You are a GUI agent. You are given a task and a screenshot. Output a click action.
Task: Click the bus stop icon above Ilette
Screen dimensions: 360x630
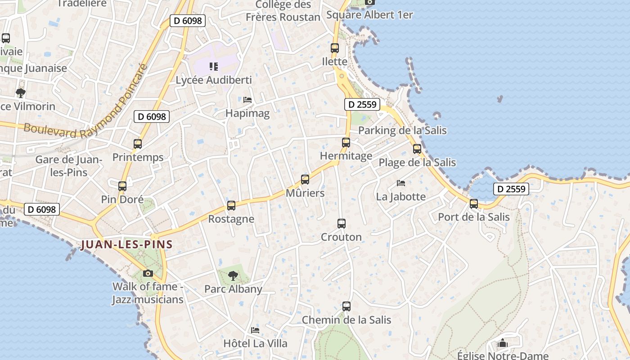coord(335,48)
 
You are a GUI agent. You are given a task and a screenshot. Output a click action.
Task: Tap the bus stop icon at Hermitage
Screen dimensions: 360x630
coord(346,143)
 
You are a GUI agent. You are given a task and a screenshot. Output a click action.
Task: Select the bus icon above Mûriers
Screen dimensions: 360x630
coord(305,180)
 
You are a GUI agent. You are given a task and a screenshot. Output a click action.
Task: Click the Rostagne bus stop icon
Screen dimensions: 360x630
coord(231,206)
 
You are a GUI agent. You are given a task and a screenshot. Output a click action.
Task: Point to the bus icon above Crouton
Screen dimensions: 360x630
coord(342,224)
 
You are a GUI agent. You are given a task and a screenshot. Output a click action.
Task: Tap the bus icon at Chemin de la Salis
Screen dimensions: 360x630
coord(346,306)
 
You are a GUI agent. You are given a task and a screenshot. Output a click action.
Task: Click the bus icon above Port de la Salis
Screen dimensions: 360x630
coord(474,204)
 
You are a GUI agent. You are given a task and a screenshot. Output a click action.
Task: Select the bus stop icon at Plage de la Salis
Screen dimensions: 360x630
coord(417,149)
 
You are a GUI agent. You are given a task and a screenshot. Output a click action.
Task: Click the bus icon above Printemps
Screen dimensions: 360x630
coord(138,144)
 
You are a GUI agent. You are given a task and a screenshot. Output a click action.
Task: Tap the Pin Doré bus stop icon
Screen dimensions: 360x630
coord(122,186)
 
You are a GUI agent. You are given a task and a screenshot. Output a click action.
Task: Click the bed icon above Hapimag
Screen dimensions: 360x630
coord(247,99)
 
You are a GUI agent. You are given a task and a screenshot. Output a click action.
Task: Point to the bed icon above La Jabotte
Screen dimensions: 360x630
coord(401,183)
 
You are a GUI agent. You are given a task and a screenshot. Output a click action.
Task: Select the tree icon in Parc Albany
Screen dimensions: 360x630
coord(233,275)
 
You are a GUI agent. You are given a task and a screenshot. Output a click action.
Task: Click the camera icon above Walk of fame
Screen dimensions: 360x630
coord(148,273)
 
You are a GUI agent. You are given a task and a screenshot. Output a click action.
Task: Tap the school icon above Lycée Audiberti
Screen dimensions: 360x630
coord(214,67)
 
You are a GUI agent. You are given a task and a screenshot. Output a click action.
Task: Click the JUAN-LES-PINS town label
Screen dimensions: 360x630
coord(126,245)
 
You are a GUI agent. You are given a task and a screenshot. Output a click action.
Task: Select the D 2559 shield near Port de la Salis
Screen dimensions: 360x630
coord(511,189)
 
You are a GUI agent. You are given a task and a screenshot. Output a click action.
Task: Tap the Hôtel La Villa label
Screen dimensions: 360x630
coord(255,343)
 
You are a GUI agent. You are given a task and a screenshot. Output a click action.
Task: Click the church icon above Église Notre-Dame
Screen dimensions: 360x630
coord(503,343)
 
